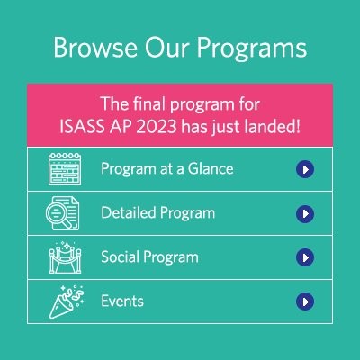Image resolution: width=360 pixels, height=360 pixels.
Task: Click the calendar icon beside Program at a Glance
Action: coord(65,168)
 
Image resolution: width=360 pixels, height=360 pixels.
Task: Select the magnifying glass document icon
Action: coord(65,213)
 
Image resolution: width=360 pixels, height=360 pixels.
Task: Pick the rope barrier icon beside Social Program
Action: coord(65,257)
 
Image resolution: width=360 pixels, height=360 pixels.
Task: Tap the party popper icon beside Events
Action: coord(65,301)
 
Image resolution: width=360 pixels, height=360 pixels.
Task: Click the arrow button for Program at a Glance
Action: coord(305,168)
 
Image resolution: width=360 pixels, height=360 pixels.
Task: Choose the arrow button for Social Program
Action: coord(305,257)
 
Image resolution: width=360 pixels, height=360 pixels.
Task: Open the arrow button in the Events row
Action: coord(305,301)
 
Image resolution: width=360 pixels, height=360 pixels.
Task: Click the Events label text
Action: coord(122,301)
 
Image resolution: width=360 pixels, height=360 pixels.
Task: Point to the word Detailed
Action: coord(127,213)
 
